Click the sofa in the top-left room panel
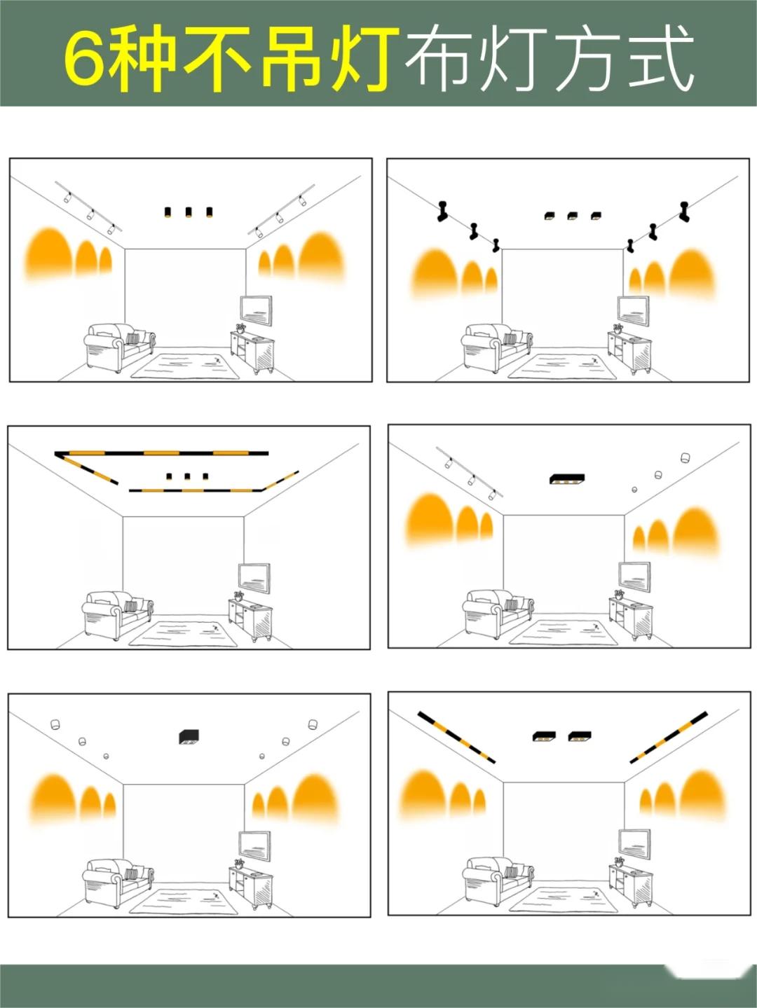(119, 346)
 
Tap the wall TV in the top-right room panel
(633, 310)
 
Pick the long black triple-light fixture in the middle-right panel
(567, 478)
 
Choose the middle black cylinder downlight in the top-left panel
(189, 212)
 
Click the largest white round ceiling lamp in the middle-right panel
(686, 457)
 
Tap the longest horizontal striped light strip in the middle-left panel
(161, 453)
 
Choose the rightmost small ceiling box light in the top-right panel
(596, 215)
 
